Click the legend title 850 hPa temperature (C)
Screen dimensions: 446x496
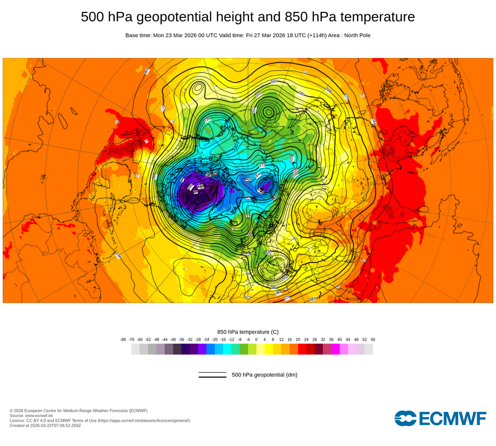click(x=248, y=332)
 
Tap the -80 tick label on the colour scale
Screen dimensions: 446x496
click(x=123, y=339)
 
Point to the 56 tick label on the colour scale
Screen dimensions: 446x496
click(x=373, y=339)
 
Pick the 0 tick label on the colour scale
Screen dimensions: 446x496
click(x=256, y=339)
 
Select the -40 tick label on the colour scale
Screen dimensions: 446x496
click(x=173, y=339)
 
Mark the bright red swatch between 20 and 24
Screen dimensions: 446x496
click(x=302, y=349)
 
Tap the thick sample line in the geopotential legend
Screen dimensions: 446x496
click(x=212, y=377)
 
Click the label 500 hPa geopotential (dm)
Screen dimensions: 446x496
click(x=264, y=375)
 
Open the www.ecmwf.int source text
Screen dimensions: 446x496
click(x=42, y=415)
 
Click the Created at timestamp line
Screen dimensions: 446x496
click(x=45, y=425)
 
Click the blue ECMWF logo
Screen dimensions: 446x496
click(x=440, y=418)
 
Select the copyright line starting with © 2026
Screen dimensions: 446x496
click(x=78, y=410)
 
